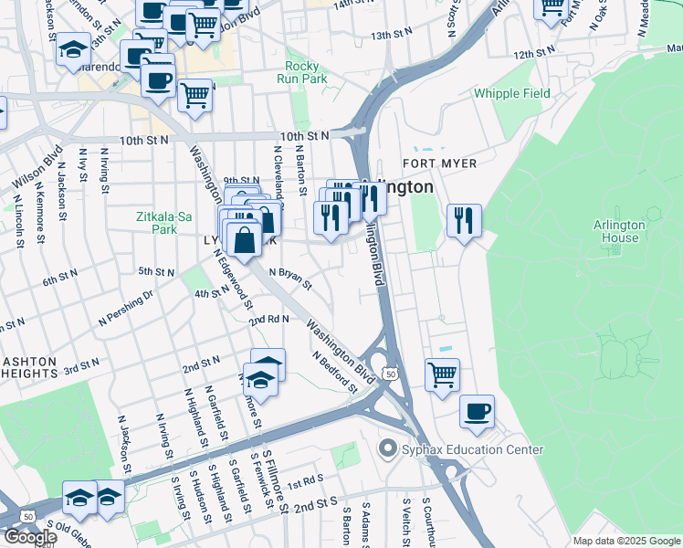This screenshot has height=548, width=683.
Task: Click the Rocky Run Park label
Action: tap(301, 72)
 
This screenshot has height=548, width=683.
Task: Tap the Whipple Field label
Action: tap(511, 94)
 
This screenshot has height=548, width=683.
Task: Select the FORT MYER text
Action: tap(440, 163)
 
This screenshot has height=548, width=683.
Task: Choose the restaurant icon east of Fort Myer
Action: tap(464, 220)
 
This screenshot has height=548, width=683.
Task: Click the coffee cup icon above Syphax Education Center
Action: tap(477, 411)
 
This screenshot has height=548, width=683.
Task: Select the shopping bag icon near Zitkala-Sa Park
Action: tap(246, 242)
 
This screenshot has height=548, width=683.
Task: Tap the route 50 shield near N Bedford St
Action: tap(391, 374)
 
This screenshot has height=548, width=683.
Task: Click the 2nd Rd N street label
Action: tap(269, 319)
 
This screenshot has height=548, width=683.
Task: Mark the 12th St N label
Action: tap(534, 54)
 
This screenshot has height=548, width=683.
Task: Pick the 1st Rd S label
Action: tap(305, 480)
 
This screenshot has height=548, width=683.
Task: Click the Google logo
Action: tap(30, 537)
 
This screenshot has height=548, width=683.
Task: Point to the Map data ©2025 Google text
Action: tap(626, 541)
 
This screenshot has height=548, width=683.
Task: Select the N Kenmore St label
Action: tap(40, 213)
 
